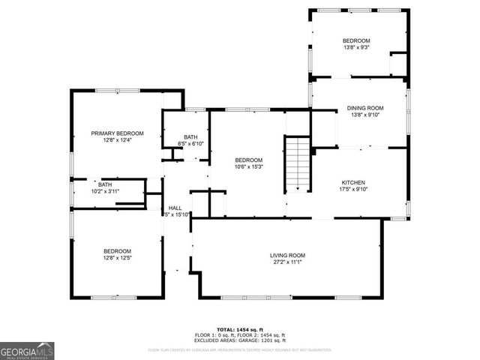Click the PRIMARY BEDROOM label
click(x=117, y=133)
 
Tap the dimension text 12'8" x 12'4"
click(x=117, y=140)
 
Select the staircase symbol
click(x=298, y=164)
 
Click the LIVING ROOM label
click(x=287, y=256)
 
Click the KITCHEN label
click(x=353, y=182)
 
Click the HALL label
click(x=175, y=208)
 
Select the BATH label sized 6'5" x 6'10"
click(x=190, y=136)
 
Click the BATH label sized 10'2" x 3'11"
click(x=105, y=184)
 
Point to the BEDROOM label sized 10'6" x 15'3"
click(x=248, y=160)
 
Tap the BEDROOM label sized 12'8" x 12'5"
click(x=117, y=251)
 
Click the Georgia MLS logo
click(x=27, y=350)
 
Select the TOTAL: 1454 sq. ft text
click(x=239, y=330)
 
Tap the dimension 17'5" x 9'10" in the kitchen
click(x=353, y=190)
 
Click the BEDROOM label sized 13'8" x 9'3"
click(x=356, y=40)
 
